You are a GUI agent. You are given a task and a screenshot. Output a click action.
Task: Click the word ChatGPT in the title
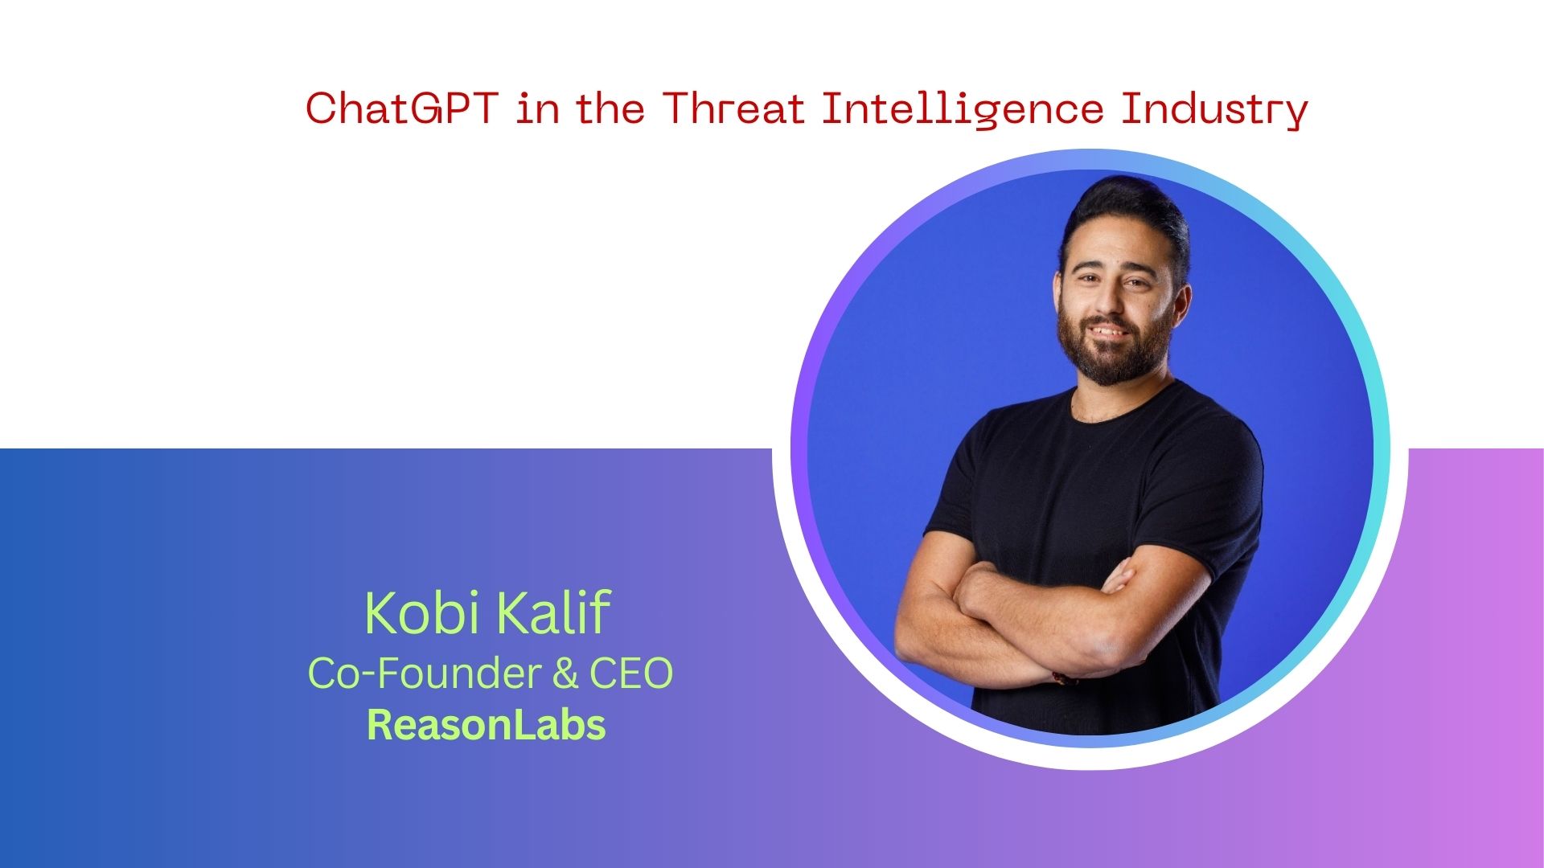coord(401,108)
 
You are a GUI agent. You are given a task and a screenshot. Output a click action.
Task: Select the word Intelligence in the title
coord(962,111)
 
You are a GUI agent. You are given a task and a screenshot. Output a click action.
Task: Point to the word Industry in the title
coord(1214,111)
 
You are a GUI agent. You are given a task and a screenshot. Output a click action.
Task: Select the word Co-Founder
coord(422,673)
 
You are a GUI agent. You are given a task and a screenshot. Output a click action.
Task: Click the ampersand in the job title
coord(565,674)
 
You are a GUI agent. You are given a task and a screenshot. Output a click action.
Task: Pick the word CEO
coord(631,674)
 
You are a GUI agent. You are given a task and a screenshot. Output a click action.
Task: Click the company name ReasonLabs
coord(486,725)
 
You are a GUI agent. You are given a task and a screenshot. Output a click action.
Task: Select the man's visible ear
coord(1181,301)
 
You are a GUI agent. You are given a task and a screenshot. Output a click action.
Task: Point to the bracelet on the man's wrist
coord(1066,679)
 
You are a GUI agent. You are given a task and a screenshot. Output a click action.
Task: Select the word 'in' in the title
coord(537,109)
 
